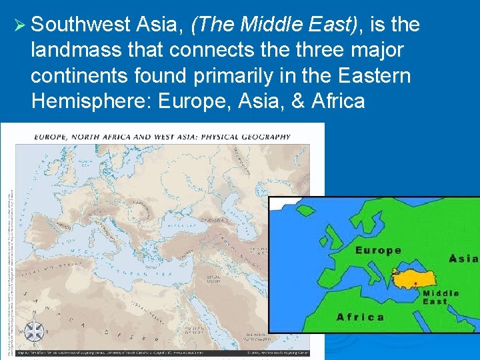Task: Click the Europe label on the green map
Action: point(378,251)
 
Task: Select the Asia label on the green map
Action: point(463,259)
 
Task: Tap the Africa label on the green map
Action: point(361,317)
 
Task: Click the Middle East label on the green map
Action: point(441,297)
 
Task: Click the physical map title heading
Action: point(162,137)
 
